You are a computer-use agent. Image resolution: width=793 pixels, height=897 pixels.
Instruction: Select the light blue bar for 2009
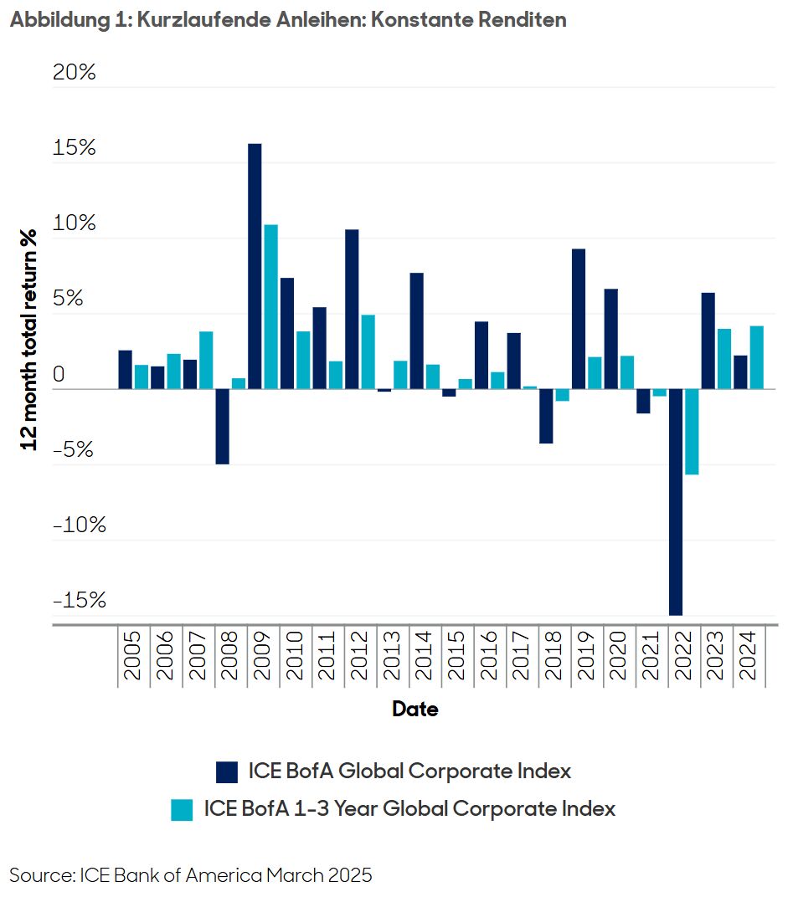[270, 306]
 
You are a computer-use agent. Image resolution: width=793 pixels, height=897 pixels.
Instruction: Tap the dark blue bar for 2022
[676, 502]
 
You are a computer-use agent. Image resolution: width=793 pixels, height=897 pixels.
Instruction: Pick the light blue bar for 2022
[692, 432]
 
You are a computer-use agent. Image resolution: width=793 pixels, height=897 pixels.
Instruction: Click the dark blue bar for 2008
[222, 427]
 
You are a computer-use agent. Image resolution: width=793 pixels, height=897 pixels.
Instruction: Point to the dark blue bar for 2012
[352, 309]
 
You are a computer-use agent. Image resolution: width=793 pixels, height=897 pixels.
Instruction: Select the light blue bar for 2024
[756, 357]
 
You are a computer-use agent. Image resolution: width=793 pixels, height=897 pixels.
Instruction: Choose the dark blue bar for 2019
[579, 319]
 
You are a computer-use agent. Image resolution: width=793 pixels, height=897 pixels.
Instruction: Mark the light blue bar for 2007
[206, 360]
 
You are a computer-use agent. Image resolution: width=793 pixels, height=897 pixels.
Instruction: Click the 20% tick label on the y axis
[75, 73]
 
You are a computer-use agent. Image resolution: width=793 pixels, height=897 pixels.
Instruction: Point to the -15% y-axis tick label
[79, 600]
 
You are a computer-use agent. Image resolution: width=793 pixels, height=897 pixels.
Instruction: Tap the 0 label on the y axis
[59, 374]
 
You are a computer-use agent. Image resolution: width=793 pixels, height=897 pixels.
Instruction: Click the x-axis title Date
[415, 710]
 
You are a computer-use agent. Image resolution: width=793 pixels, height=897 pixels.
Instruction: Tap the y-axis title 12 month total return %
[30, 339]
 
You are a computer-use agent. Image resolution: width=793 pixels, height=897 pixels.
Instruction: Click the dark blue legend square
[227, 771]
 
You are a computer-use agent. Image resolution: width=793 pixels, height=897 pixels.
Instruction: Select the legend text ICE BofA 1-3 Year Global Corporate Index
[409, 809]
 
